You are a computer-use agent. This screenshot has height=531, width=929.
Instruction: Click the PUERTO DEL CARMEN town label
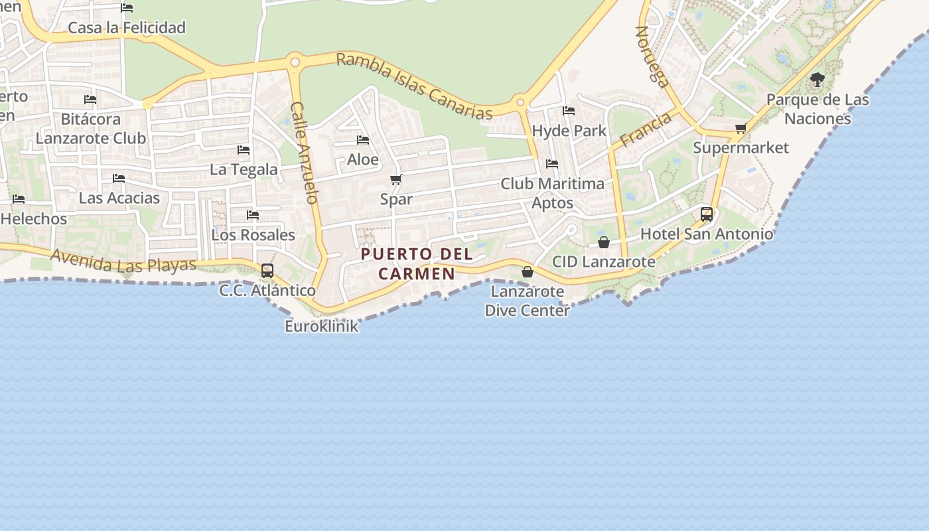coord(417,264)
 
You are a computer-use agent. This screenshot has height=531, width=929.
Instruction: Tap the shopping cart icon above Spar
coord(396,179)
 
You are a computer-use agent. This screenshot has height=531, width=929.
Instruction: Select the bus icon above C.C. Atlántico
coord(267,271)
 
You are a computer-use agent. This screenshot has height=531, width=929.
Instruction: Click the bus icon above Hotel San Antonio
coord(707,214)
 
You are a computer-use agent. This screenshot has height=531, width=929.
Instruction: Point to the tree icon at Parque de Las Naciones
coord(818,80)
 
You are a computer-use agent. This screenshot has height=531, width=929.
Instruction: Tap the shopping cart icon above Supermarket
coord(741,128)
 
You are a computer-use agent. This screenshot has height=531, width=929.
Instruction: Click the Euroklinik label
coord(322,326)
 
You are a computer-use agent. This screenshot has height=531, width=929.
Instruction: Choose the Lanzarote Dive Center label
coord(528,301)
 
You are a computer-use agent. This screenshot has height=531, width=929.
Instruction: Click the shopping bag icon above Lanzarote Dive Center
coord(528,271)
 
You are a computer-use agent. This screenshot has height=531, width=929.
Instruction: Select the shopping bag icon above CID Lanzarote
coord(604,242)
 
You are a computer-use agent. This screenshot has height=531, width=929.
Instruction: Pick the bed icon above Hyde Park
coord(569,111)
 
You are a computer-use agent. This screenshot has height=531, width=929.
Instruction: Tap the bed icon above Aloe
coord(363,140)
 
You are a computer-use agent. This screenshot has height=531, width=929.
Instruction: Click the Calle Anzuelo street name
coord(305,153)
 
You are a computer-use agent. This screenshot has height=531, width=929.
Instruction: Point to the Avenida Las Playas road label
coord(123,261)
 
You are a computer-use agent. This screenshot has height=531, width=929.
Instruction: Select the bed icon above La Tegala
coord(244,150)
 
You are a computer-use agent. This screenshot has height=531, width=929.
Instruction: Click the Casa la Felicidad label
coord(127,28)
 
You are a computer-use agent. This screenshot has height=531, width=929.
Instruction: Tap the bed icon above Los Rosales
coord(253,215)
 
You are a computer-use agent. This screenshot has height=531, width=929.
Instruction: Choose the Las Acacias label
coord(119,198)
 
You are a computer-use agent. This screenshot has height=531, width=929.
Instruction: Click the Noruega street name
coord(652,57)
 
